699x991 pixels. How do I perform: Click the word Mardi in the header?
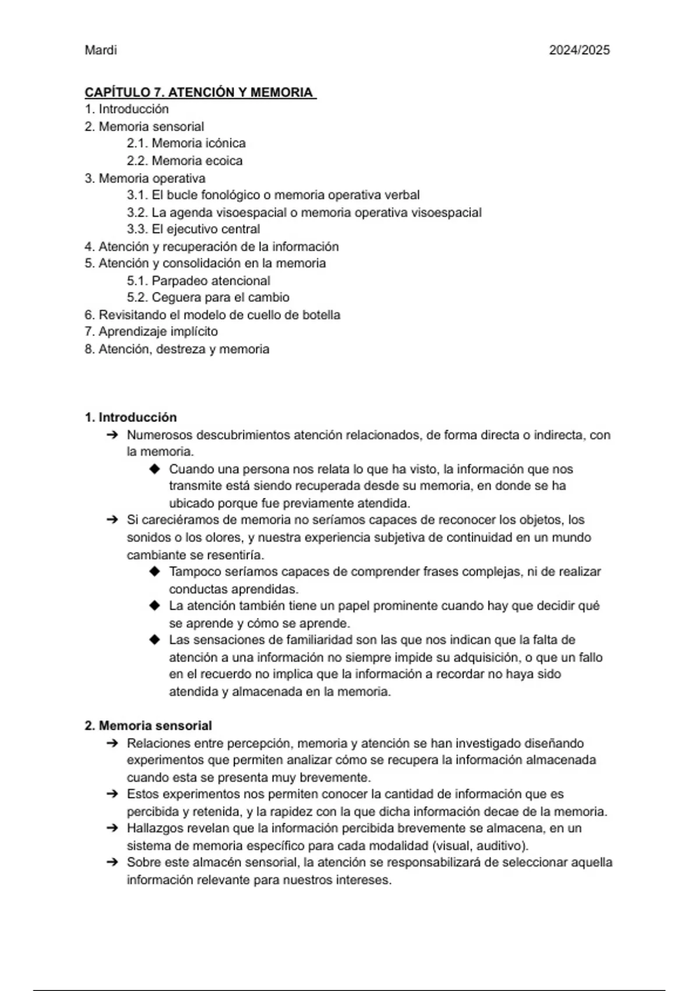tap(101, 50)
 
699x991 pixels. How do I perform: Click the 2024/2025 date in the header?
tap(579, 50)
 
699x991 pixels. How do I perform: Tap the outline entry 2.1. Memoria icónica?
tap(186, 143)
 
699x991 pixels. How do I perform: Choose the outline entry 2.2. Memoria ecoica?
tap(185, 161)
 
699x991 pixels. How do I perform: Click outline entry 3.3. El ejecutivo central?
tap(193, 229)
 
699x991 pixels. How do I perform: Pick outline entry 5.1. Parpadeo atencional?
tap(199, 281)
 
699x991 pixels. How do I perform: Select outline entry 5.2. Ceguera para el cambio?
tap(208, 298)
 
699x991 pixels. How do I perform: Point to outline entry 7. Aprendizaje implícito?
tap(151, 332)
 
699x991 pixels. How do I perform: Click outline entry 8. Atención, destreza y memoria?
tap(176, 349)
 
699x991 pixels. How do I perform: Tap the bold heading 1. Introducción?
tap(130, 417)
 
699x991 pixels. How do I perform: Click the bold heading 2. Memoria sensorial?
tap(148, 726)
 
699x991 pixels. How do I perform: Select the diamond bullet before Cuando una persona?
tap(154, 469)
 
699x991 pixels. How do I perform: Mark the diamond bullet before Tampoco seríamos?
tap(154, 572)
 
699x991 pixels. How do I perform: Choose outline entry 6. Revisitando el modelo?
tap(212, 315)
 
